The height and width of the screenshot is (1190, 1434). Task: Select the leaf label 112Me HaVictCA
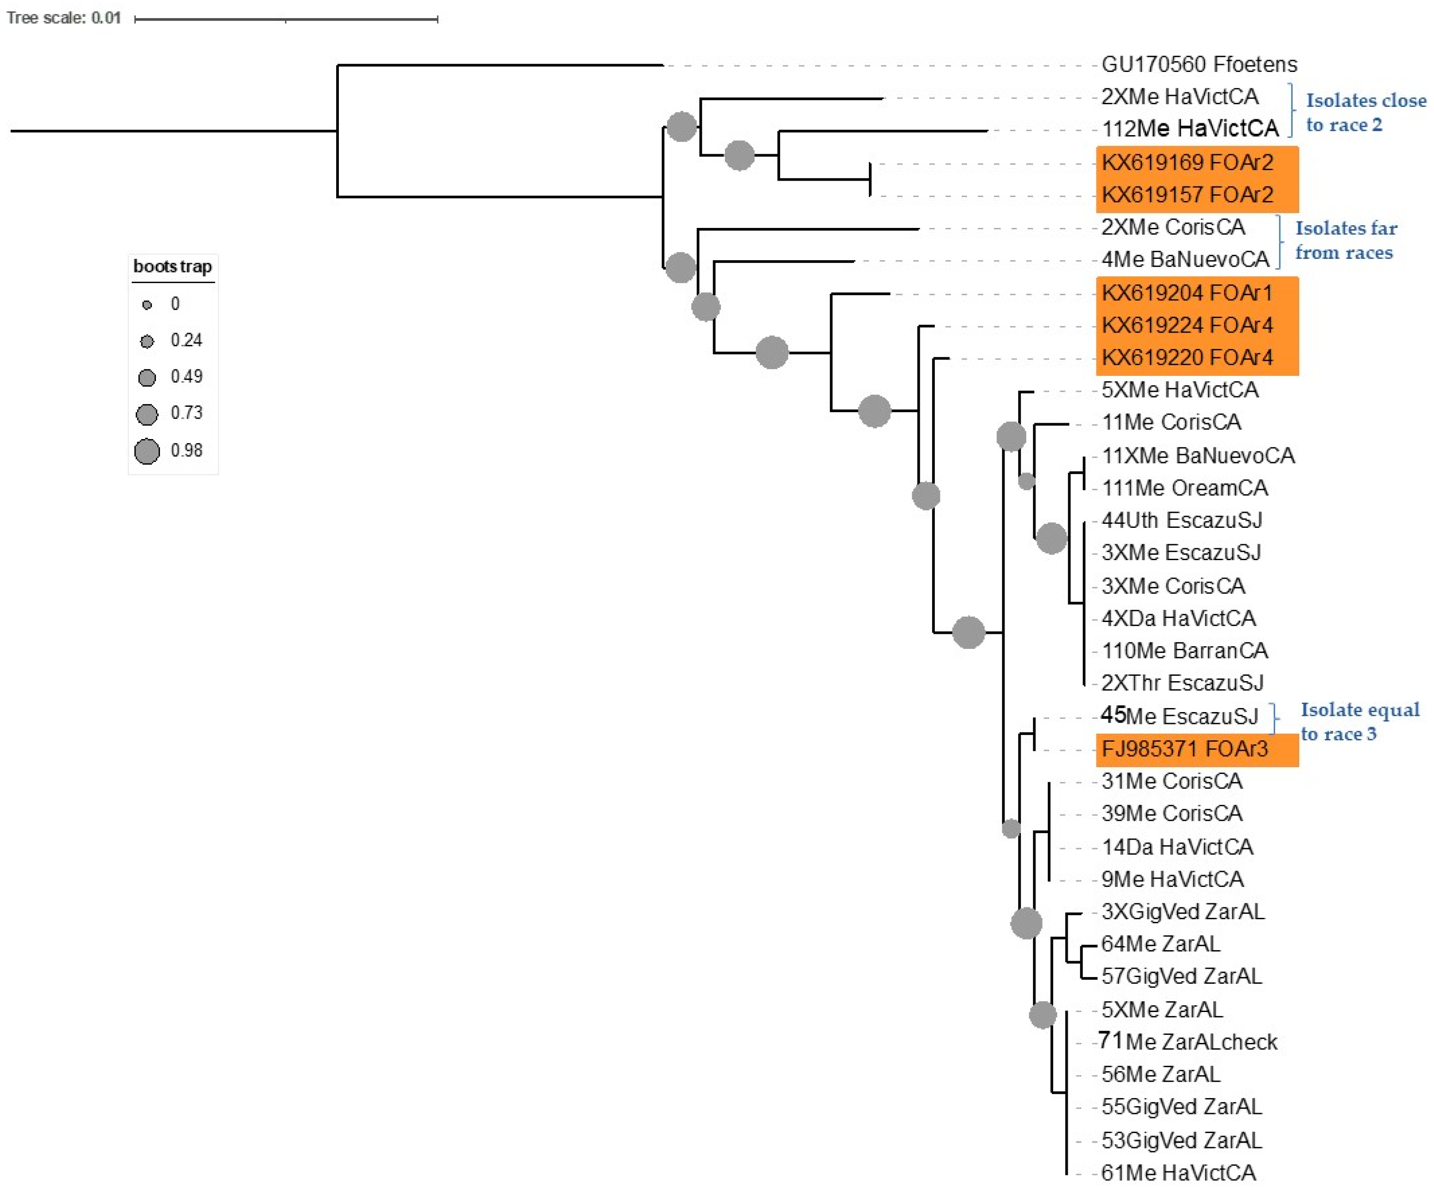pos(1190,129)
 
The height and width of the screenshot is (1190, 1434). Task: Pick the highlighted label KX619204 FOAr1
pos(1187,293)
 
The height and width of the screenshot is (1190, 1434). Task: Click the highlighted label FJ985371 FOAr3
pos(1185,749)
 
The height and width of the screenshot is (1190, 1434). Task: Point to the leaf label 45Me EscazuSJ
pos(1179,716)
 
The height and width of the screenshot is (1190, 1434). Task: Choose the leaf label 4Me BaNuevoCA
pos(1185,259)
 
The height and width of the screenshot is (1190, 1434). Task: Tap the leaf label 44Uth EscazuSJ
pos(1181,520)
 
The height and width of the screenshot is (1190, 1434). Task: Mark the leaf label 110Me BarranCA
pos(1185,651)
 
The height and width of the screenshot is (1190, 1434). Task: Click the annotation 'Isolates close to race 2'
pos(1364,113)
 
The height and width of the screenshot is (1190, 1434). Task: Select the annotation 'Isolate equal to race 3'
pos(1359,722)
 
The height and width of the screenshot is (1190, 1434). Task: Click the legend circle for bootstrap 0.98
pos(147,451)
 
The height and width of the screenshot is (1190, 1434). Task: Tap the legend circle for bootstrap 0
pos(147,304)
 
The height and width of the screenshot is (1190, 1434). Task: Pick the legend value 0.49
pos(186,377)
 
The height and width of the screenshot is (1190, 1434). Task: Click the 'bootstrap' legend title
pos(172,266)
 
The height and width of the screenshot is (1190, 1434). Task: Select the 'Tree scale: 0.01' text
pos(64,18)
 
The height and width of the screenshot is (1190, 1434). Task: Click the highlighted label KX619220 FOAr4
pos(1187,358)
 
